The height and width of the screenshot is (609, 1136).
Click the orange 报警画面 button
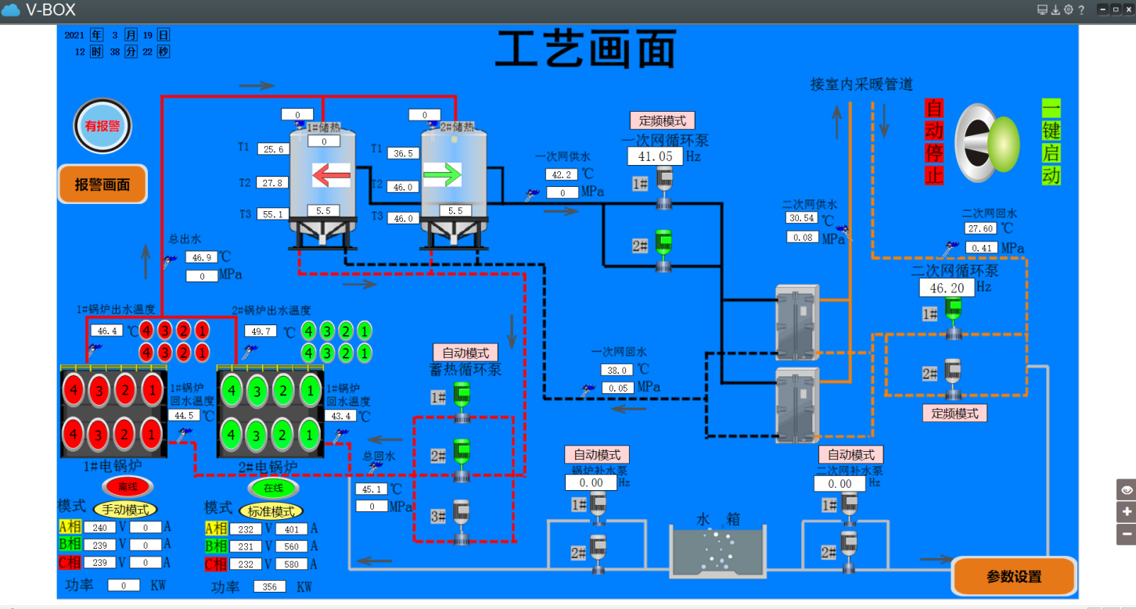click(x=102, y=184)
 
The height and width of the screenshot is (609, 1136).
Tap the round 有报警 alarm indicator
click(x=102, y=126)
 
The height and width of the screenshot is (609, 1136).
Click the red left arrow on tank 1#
click(x=331, y=175)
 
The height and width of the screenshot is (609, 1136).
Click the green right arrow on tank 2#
click(x=442, y=175)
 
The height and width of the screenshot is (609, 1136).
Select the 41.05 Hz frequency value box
click(x=655, y=156)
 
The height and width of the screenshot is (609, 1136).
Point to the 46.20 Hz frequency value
click(x=947, y=288)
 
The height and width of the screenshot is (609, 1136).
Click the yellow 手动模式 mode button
click(x=125, y=510)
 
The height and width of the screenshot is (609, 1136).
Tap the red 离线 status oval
click(x=128, y=487)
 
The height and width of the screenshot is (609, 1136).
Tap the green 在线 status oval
click(x=273, y=488)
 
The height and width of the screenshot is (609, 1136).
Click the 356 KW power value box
click(x=269, y=586)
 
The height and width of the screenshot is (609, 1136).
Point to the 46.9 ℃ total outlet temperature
click(x=201, y=257)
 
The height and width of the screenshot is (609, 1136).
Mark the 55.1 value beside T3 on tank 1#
click(x=272, y=214)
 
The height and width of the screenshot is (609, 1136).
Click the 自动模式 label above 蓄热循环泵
click(x=466, y=353)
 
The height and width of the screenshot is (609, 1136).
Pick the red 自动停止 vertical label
click(x=933, y=142)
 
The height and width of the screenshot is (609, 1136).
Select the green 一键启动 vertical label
click(x=1051, y=142)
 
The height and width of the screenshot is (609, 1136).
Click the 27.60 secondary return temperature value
click(x=980, y=229)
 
